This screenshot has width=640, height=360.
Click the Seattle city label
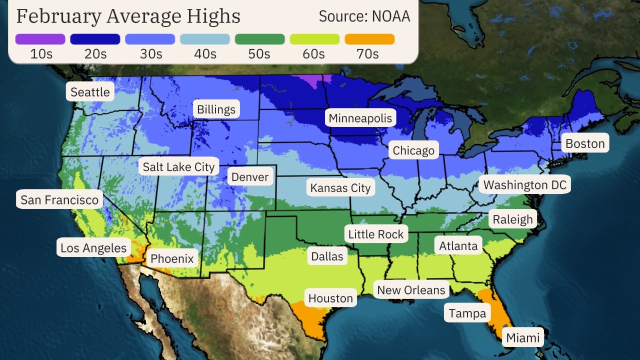click(90, 92)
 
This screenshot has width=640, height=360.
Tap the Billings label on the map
click(216, 109)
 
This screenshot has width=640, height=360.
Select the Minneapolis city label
click(360, 118)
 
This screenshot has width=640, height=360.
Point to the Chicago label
click(413, 150)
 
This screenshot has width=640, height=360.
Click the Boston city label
click(585, 144)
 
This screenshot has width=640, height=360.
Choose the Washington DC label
click(525, 185)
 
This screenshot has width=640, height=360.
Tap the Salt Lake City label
click(178, 167)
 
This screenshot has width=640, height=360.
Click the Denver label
click(250, 177)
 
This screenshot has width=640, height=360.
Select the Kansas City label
click(340, 188)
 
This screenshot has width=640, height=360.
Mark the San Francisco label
click(59, 200)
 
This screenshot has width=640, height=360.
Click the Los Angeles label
click(93, 248)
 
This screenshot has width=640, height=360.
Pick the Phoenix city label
click(172, 259)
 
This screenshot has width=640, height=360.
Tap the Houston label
click(330, 298)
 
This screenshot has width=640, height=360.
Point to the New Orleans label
click(411, 290)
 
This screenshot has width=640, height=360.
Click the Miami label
click(523, 338)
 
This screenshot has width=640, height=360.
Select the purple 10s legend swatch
click(40, 39)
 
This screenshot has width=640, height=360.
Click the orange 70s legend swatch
click(369, 39)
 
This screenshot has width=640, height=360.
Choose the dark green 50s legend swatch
click(259, 39)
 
